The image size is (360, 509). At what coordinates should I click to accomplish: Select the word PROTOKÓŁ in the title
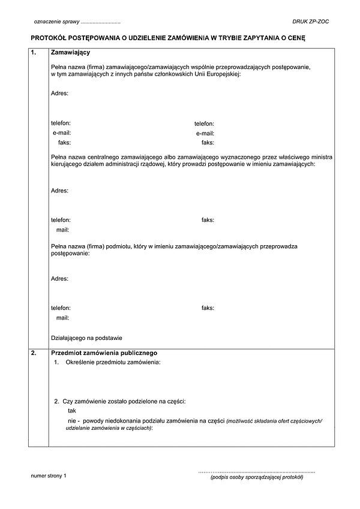pos(48,38)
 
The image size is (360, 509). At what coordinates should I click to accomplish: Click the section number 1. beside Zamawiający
pos(34,53)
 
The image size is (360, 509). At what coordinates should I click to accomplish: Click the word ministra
pos(322,156)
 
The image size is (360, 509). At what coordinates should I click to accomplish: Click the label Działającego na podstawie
pos(87,338)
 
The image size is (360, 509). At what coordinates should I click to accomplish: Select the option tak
pos(72,411)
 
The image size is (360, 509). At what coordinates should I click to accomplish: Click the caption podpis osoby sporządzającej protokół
pos(257,478)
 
